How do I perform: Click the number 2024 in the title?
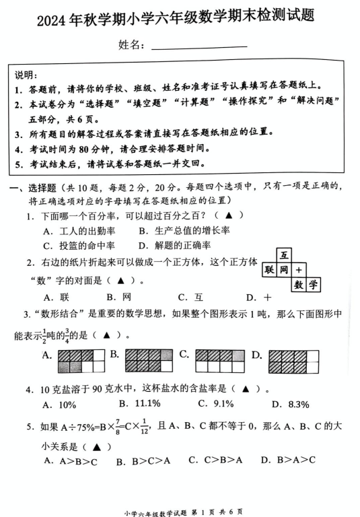(x=52, y=18)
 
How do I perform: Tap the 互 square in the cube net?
(x=285, y=255)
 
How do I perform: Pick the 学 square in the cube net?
(x=314, y=285)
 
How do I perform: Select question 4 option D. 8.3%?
(x=289, y=404)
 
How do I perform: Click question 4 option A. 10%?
(x=59, y=404)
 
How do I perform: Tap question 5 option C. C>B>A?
(x=211, y=460)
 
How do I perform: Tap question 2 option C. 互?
(x=190, y=296)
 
